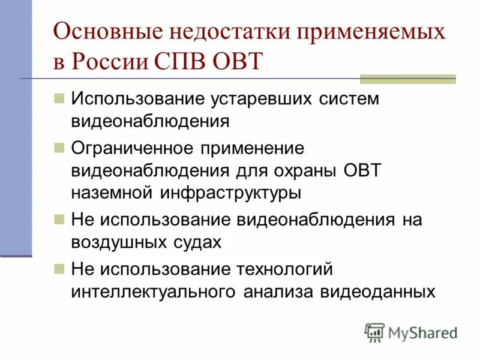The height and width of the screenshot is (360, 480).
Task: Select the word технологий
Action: (281, 269)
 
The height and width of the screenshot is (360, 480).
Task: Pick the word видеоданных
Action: (378, 292)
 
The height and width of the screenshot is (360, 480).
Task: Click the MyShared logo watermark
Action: (412, 332)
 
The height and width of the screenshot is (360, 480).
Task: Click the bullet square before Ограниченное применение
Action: (59, 147)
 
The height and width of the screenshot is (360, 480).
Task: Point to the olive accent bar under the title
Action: (407, 79)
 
